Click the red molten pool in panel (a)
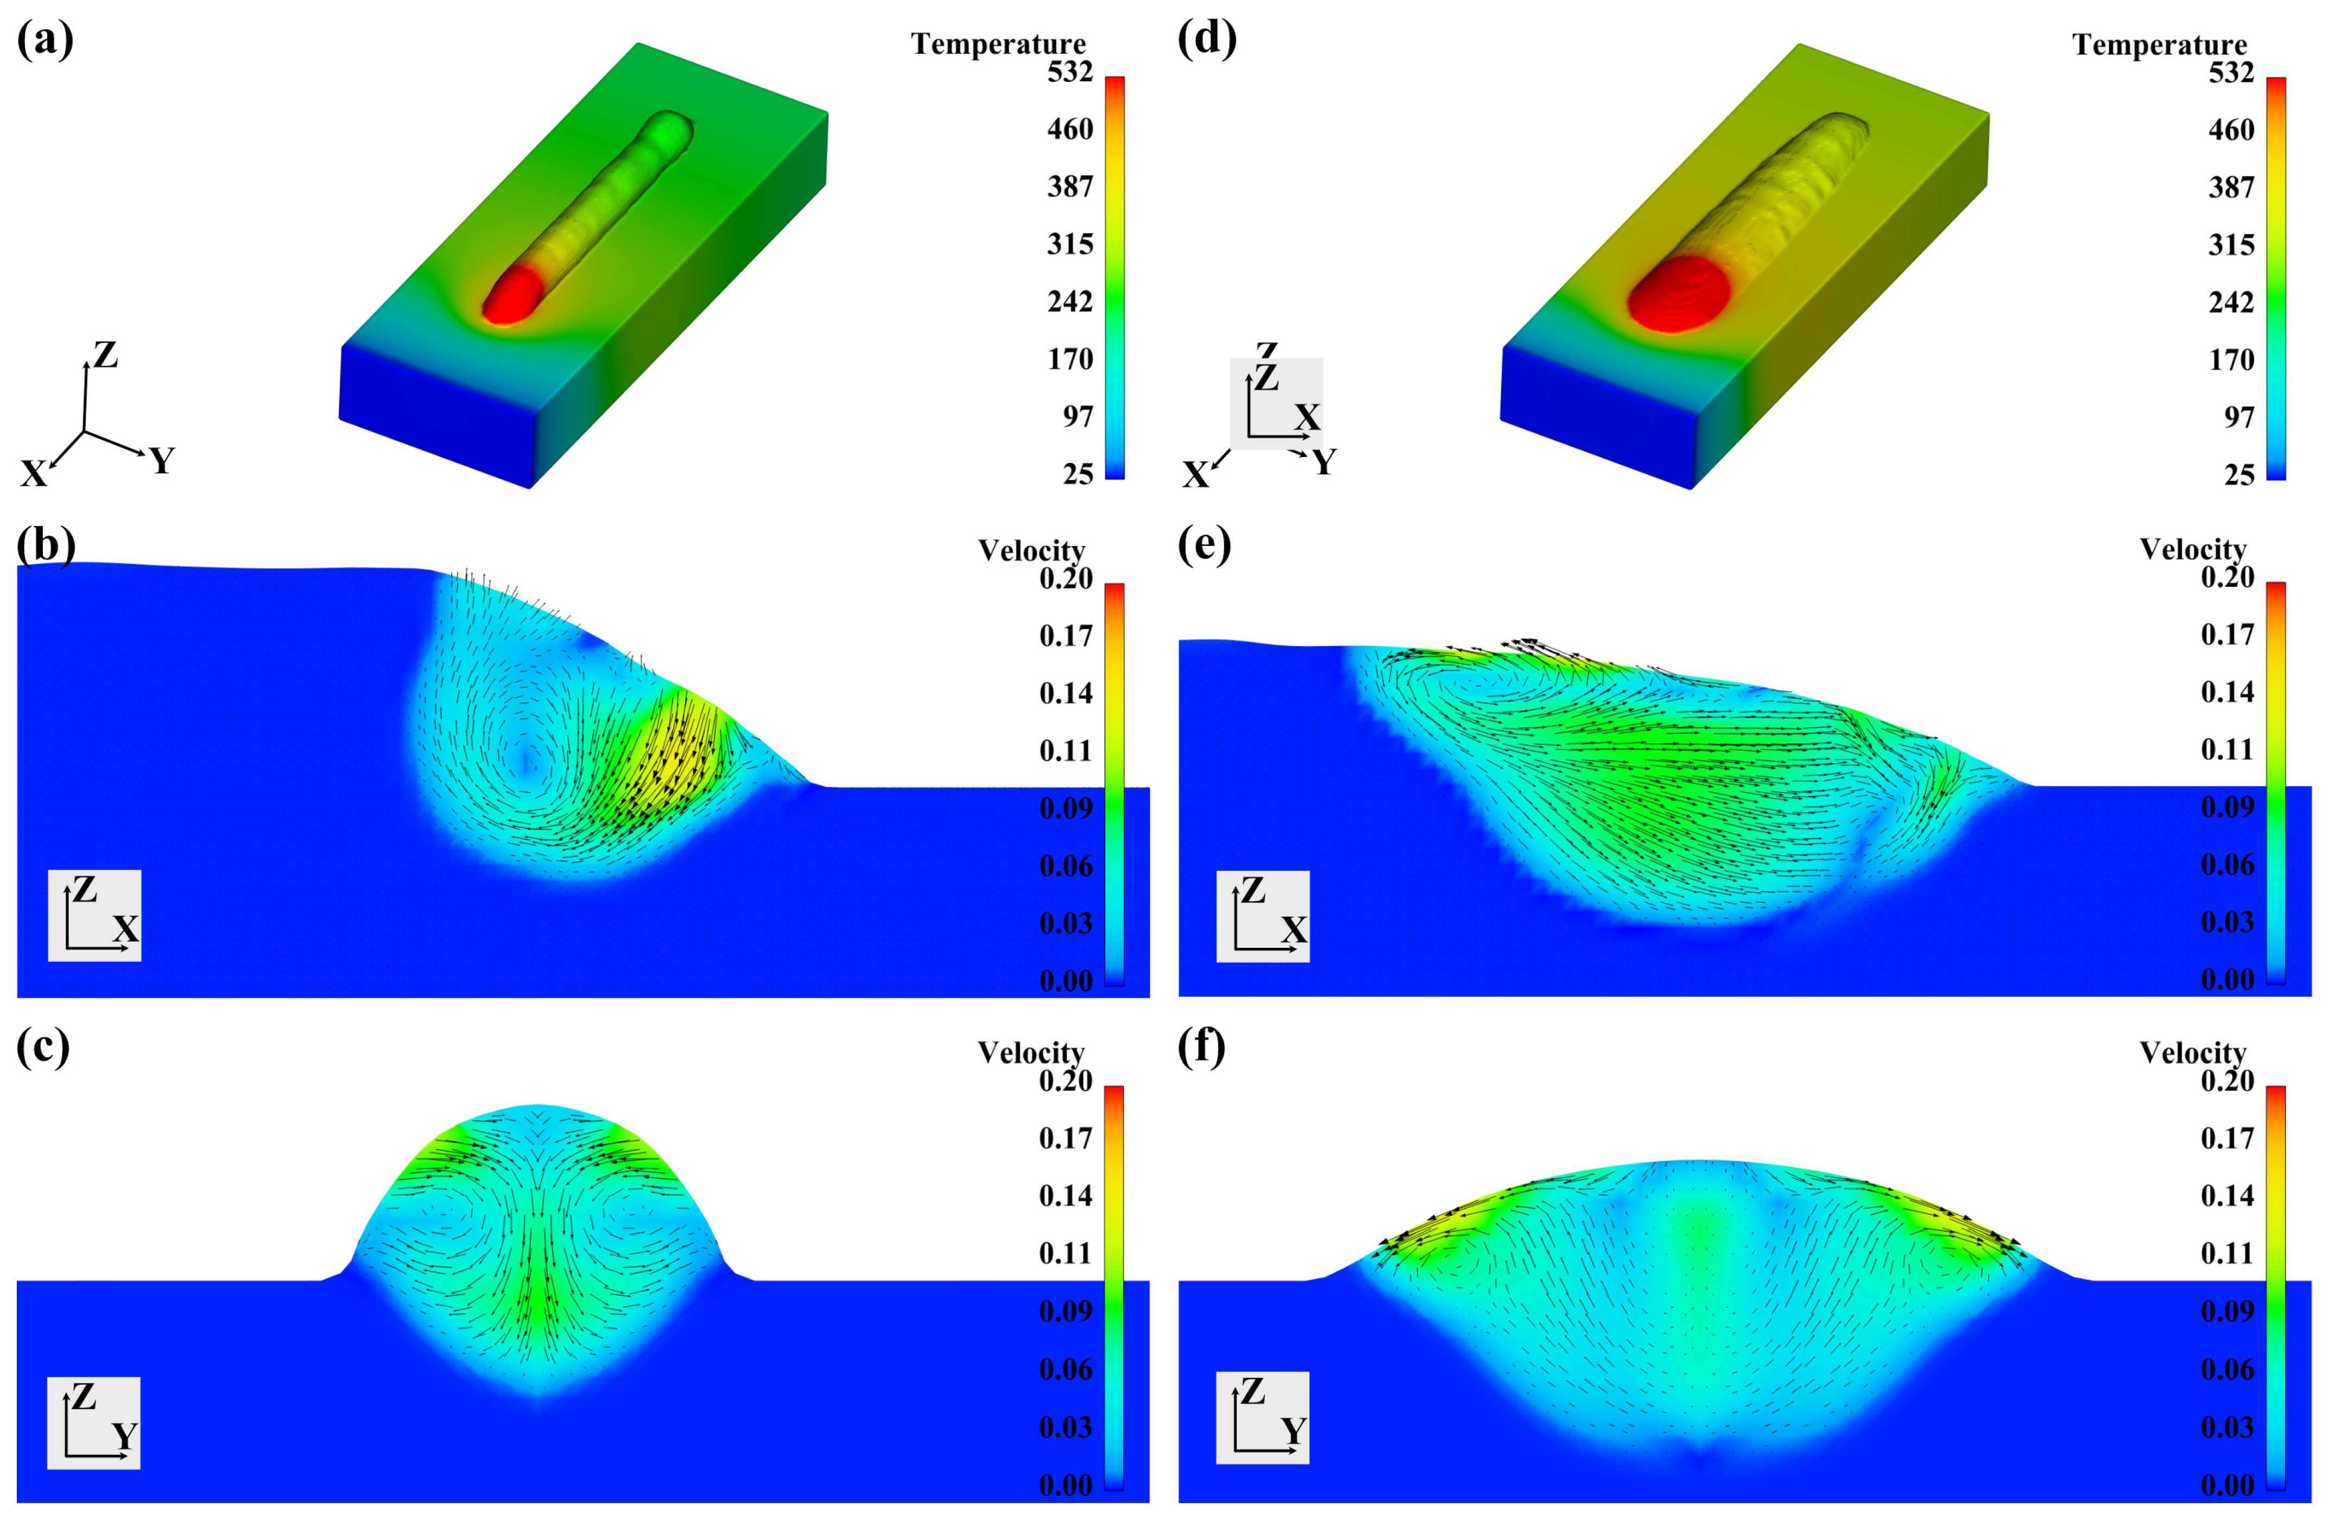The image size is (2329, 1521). click(x=513, y=296)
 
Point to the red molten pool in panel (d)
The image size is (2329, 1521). click(x=1678, y=294)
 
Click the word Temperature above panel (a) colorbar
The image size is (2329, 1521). click(x=998, y=44)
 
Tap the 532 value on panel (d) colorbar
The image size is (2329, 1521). click(x=2231, y=72)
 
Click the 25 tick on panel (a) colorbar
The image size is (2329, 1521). click(x=1078, y=474)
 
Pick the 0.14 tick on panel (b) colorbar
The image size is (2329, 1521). click(x=1066, y=693)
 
